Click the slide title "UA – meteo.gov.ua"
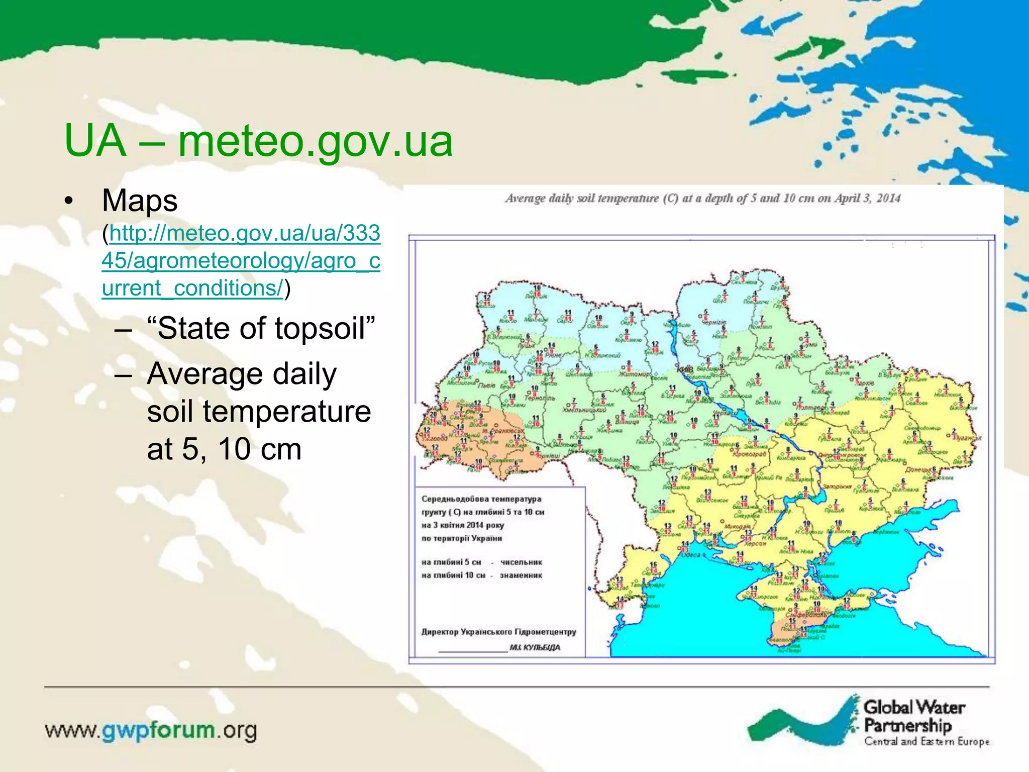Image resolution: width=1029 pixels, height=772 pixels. pos(258,141)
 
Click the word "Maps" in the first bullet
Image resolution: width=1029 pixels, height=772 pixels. pos(140,201)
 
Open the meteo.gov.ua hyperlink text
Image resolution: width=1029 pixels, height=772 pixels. pos(241,260)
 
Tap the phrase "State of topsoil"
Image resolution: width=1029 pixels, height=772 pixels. pos(261,328)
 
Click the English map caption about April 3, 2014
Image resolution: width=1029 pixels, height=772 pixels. pos(702,198)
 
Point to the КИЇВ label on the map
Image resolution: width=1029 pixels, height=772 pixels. pos(685,370)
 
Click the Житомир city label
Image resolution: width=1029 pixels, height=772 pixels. pos(634,374)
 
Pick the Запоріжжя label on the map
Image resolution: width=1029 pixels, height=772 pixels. pos(837,487)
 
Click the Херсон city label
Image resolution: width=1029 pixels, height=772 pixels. pos(755,543)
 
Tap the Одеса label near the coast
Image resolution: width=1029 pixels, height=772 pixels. pos(690,555)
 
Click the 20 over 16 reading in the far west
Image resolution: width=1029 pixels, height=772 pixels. pos(434,417)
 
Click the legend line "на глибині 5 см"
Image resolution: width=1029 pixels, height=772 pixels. pos(451,562)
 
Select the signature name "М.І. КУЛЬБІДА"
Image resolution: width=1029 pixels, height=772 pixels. pos(535,647)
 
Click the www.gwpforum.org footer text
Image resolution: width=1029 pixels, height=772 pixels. pos(151,730)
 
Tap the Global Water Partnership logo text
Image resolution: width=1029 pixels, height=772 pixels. pos(913,717)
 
